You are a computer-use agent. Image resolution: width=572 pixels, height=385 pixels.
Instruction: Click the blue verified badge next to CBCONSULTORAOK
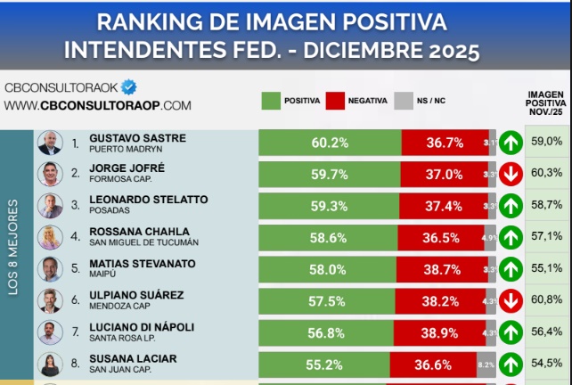129,86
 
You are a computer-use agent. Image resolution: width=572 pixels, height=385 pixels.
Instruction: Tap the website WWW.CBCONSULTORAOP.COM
97,105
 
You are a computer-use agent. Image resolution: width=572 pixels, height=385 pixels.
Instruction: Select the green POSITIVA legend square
271,100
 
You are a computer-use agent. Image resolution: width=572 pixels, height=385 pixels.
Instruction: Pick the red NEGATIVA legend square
335,100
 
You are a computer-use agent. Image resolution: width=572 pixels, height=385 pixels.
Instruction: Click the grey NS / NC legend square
402,100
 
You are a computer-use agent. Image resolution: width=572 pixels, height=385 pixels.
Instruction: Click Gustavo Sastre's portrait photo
50,143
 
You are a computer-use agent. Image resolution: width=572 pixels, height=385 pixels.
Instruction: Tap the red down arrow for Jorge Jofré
511,174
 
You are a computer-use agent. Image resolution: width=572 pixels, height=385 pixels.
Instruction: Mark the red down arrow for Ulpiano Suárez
511,301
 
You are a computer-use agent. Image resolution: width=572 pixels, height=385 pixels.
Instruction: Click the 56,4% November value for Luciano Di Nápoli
546,332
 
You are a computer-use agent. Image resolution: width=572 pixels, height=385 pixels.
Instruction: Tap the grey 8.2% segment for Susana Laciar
486,365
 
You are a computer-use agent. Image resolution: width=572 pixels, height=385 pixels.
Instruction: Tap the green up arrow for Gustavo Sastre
511,143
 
